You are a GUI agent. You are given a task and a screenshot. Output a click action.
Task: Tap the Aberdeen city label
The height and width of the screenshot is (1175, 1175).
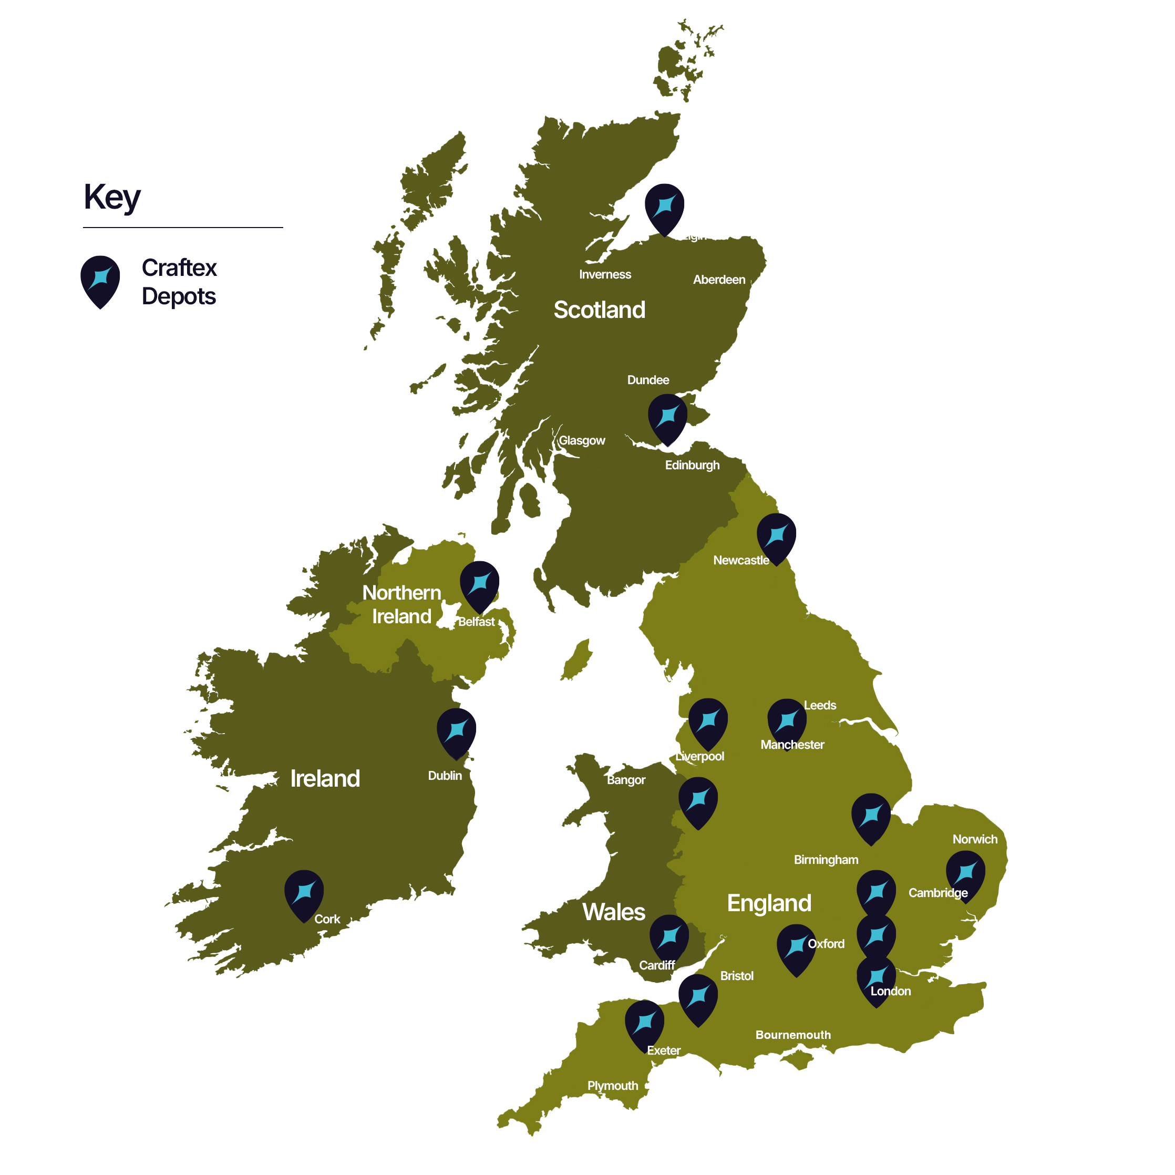(719, 280)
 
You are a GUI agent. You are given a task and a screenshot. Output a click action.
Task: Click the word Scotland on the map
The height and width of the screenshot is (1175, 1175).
(599, 310)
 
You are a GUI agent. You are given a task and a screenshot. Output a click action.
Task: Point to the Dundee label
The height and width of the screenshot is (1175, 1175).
(648, 380)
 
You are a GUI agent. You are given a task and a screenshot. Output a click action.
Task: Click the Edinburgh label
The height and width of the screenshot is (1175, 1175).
(692, 465)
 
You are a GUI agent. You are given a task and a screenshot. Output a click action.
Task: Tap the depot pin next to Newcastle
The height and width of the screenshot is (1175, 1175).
(776, 537)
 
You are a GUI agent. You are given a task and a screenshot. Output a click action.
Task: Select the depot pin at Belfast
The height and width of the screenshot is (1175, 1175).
(479, 584)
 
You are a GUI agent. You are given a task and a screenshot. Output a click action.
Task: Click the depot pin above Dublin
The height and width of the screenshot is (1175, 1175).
(456, 731)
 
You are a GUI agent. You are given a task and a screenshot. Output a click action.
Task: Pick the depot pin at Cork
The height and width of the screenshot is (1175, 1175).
(304, 893)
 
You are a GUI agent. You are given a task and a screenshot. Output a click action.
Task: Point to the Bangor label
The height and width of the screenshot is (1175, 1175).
(626, 780)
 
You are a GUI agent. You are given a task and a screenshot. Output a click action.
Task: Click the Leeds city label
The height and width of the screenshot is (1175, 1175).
(820, 706)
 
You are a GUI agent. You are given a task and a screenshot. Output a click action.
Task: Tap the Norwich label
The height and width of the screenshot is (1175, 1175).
(974, 839)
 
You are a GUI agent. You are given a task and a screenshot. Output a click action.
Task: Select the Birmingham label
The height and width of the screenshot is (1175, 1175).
(826, 860)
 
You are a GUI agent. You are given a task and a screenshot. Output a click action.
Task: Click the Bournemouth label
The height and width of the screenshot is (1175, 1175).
(792, 1035)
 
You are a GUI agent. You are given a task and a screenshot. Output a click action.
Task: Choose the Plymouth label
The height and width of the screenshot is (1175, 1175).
(612, 1086)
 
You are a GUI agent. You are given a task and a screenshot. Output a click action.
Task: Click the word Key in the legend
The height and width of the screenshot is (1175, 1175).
(112, 198)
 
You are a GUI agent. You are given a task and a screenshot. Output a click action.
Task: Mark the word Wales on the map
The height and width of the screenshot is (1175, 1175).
(614, 912)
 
